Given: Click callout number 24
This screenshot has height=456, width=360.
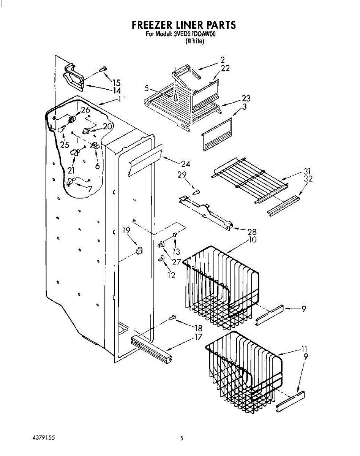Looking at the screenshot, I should pyautogui.click(x=186, y=164).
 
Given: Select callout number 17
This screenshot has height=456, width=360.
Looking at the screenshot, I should pyautogui.click(x=198, y=337).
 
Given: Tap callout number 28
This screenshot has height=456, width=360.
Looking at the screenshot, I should pyautogui.click(x=251, y=232).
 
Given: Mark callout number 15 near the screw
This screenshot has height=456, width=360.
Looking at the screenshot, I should pyautogui.click(x=116, y=82).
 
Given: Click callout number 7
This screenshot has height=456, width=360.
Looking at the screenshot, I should pyautogui.click(x=90, y=189).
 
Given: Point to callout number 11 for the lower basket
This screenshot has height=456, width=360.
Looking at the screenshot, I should pyautogui.click(x=304, y=349).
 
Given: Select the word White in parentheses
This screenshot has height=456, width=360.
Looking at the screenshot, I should pyautogui.click(x=195, y=41).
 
